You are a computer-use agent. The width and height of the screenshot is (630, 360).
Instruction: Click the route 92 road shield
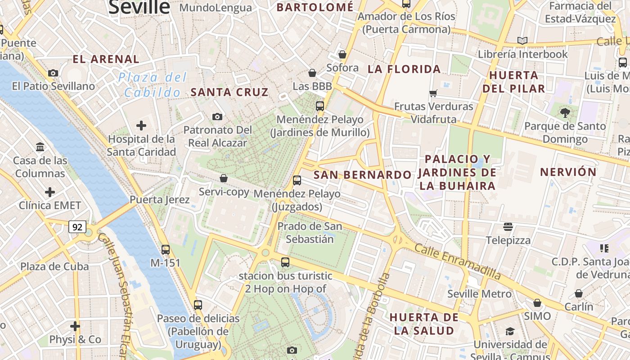pyautogui.click(x=77, y=227)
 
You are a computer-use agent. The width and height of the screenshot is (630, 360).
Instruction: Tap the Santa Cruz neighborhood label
pyautogui.click(x=229, y=92)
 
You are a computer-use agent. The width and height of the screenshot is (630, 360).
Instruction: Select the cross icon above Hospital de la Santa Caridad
pyautogui.click(x=141, y=125)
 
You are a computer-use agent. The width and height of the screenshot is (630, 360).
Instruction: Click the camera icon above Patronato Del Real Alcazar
pyautogui.click(x=217, y=117)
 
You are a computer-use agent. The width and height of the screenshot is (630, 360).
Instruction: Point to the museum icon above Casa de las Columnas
pyautogui.click(x=40, y=147)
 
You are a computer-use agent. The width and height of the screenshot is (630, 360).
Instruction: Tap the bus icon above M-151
pyautogui.click(x=166, y=249)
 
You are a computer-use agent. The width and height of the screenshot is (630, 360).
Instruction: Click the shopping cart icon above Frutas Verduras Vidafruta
pyautogui.click(x=433, y=93)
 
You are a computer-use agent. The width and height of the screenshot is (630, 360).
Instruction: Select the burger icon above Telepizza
pyautogui.click(x=508, y=226)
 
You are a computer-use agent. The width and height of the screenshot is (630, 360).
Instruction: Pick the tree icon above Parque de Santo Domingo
pyautogui.click(x=565, y=112)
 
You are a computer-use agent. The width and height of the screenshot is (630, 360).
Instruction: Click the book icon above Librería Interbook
pyautogui.click(x=522, y=40)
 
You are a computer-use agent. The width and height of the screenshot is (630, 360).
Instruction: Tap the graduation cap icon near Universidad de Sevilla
pyautogui.click(x=510, y=332)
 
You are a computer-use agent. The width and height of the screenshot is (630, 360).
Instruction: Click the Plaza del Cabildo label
pyautogui.click(x=153, y=85)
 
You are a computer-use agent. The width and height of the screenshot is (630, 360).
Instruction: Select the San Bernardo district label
pyautogui.click(x=362, y=175)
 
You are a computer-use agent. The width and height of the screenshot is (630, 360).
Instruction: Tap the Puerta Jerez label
pyautogui.click(x=160, y=199)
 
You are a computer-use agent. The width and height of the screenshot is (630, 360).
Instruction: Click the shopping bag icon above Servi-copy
pyautogui.click(x=224, y=178)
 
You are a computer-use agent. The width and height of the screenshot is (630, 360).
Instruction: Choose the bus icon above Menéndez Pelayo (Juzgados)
pyautogui.click(x=297, y=180)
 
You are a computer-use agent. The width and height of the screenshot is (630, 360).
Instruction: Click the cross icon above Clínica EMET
pyautogui.click(x=50, y=192)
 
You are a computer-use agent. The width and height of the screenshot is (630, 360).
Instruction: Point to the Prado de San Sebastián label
pyautogui.click(x=310, y=232)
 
